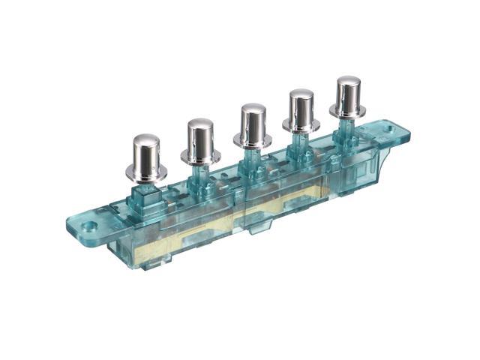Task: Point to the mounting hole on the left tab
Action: [89, 224]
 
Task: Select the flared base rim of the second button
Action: [200, 158]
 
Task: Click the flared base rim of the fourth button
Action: [301, 127]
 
